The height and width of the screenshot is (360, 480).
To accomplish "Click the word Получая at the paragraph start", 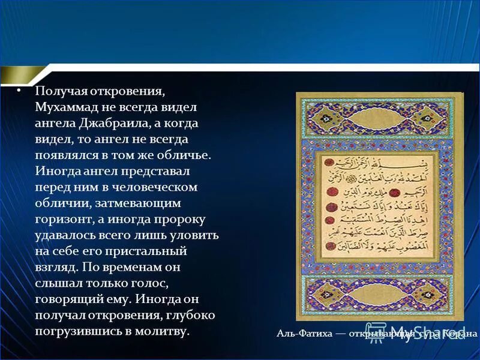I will click(x=58, y=91).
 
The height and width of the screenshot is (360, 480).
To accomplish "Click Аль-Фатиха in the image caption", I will click(x=304, y=334).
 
